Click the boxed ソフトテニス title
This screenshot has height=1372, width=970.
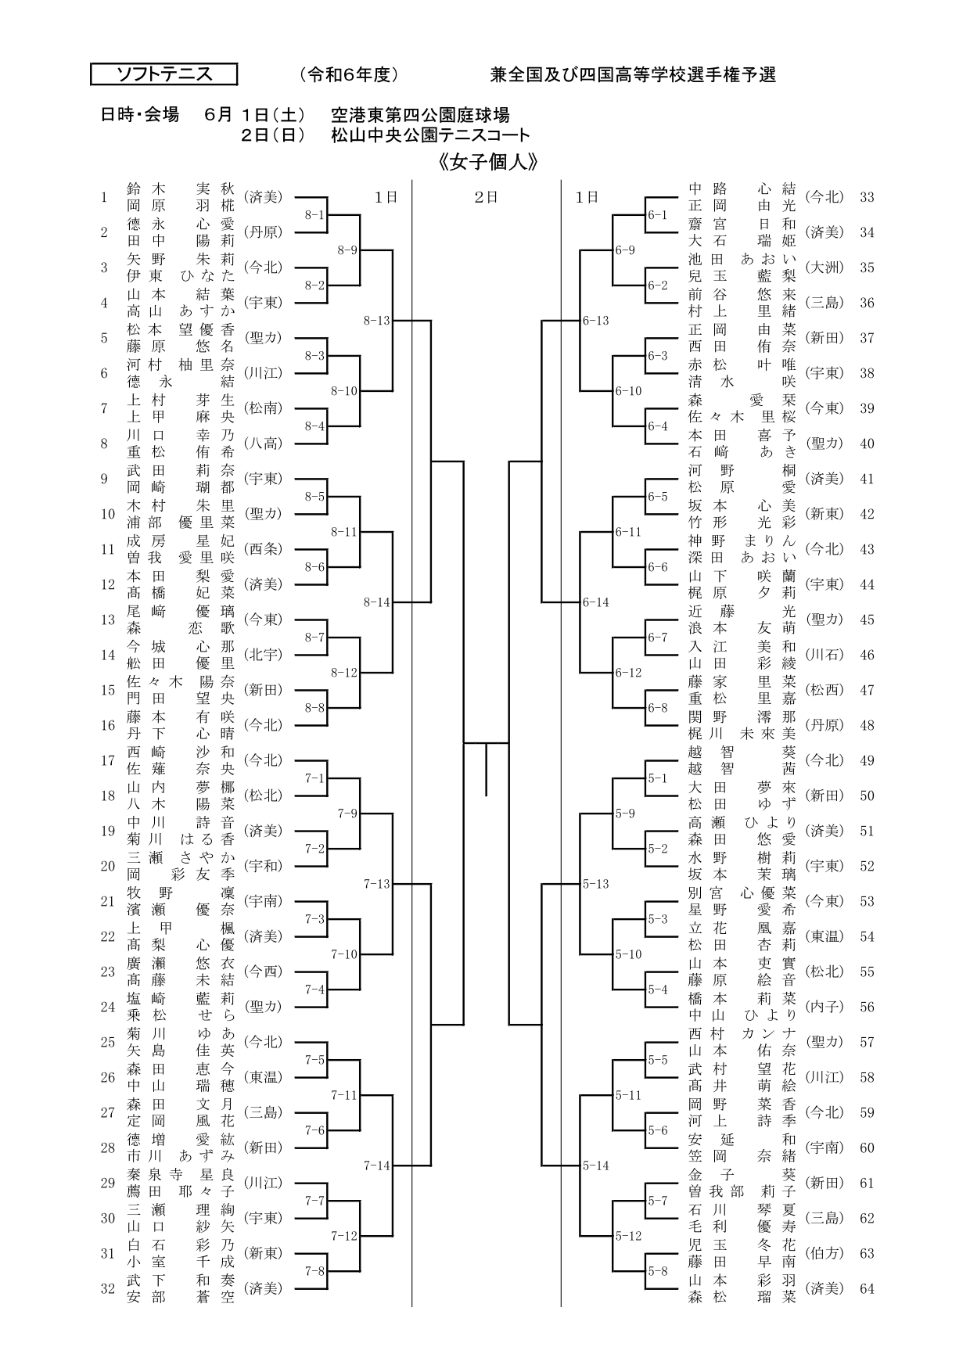[x=164, y=74]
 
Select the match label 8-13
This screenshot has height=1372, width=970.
[x=376, y=320]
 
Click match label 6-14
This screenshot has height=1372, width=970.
[x=596, y=602]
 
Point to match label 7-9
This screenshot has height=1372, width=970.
[x=347, y=814]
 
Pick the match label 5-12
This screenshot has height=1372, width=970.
[x=628, y=1236]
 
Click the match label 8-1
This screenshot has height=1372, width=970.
[x=314, y=215]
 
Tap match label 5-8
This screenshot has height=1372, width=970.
[x=658, y=1271]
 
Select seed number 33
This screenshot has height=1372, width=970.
[x=867, y=197]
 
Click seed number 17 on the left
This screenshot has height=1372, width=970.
[x=108, y=760]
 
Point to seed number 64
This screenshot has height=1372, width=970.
[x=867, y=1288]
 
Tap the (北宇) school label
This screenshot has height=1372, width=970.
[x=263, y=655]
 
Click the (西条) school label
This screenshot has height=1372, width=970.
[x=263, y=549]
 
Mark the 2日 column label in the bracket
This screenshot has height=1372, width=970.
[x=487, y=198]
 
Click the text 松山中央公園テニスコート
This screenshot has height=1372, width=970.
[x=430, y=135]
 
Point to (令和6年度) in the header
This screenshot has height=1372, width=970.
[x=349, y=75]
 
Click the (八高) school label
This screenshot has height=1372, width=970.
[x=263, y=444]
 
